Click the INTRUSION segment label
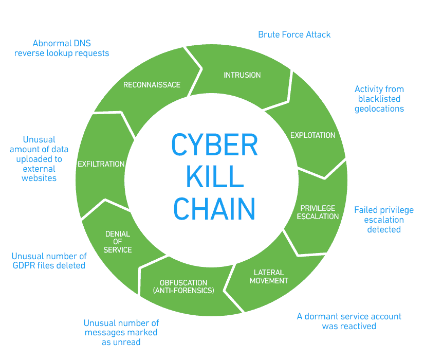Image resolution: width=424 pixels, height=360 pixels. tap(242, 75)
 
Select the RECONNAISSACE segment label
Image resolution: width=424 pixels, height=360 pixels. tap(152, 84)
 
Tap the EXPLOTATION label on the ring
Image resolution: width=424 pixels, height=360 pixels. tap(312, 135)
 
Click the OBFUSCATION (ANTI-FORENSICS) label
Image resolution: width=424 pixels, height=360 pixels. tap(183, 286)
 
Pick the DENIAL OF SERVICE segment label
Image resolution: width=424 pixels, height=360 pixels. tap(118, 242)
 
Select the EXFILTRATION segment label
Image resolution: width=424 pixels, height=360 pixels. tap(101, 164)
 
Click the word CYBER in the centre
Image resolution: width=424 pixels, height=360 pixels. tap(214, 146)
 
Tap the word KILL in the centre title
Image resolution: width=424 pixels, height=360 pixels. tap(214, 177)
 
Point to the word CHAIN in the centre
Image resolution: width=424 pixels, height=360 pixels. tap(214, 208)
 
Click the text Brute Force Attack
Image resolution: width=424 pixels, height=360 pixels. tap(294, 34)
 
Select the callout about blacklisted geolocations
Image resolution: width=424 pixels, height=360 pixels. tap(379, 99)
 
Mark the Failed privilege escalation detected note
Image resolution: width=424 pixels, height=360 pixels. tap(383, 220)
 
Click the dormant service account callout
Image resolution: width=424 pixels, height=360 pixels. tap(349, 321)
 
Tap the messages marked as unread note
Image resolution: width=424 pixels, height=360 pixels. tap(121, 332)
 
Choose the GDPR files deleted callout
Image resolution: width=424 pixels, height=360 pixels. tap(49, 261)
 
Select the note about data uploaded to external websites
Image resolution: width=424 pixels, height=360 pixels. tap(39, 158)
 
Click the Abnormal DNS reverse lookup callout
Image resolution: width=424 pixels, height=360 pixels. tap(62, 48)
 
